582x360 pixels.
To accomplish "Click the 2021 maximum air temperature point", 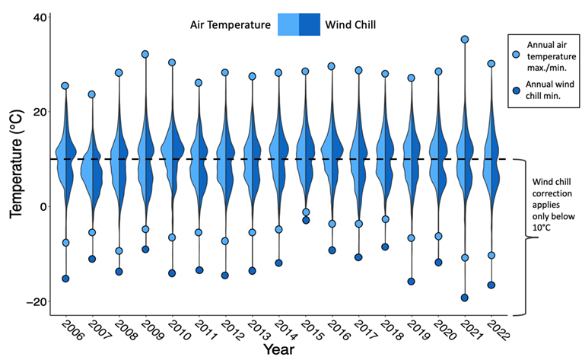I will (x=465, y=40).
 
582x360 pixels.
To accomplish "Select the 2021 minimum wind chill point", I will (x=465, y=298).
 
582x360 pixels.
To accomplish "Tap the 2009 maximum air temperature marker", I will (x=145, y=54).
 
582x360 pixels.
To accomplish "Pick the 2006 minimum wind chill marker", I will (x=65, y=279).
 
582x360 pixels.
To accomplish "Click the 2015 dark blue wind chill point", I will (x=306, y=220).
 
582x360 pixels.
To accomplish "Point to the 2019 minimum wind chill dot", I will (x=412, y=281).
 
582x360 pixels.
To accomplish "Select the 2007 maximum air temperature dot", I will (x=92, y=94).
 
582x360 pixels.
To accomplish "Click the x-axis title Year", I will (x=280, y=350).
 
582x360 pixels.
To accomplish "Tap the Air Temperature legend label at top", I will (x=231, y=24).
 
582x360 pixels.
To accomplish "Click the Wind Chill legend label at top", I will (x=351, y=24).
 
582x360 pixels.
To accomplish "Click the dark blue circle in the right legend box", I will (x=517, y=91).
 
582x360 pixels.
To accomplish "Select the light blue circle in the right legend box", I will (x=517, y=54).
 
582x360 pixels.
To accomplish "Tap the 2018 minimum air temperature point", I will (x=385, y=219).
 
